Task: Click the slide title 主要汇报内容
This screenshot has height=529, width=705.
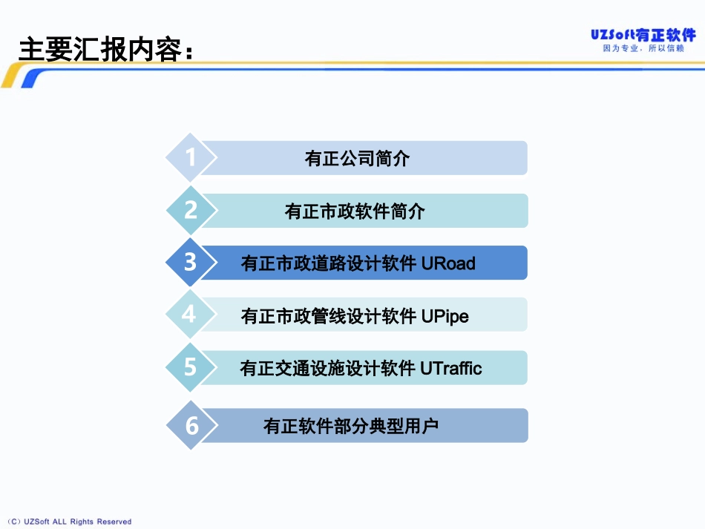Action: tap(104, 50)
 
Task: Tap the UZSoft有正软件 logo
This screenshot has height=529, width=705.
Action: tap(643, 34)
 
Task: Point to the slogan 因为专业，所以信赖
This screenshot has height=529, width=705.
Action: tap(643, 49)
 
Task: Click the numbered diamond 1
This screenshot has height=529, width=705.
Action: tap(191, 158)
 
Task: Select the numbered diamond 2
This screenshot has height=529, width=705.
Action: tap(191, 211)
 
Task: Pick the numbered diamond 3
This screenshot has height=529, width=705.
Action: tap(191, 263)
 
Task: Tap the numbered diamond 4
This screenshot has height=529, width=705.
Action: tap(189, 315)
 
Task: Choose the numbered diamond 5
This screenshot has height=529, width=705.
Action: tap(191, 367)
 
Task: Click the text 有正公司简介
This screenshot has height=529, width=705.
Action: tap(357, 159)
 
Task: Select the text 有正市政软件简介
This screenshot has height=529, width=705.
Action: tap(355, 211)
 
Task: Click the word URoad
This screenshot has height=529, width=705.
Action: tap(448, 264)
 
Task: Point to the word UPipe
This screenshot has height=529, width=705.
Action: tap(445, 317)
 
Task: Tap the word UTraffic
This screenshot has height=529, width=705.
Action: tap(451, 369)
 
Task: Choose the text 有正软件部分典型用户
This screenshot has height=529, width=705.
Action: tap(351, 427)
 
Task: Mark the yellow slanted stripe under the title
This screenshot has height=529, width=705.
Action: tap(13, 76)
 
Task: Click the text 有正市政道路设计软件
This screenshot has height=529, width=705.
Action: tap(329, 264)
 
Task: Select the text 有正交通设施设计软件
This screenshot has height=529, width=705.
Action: tap(328, 369)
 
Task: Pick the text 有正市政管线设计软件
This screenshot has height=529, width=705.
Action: tap(329, 317)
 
